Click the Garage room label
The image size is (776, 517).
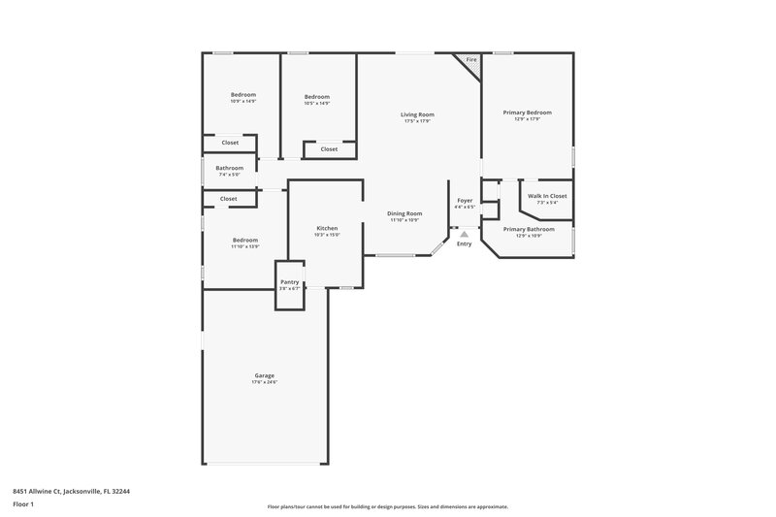click(x=264, y=375)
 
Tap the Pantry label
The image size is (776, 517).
click(x=290, y=282)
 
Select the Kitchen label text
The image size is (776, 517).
click(x=327, y=228)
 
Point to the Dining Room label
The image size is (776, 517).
click(x=404, y=213)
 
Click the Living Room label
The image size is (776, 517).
click(x=417, y=114)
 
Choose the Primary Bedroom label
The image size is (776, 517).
click(x=527, y=113)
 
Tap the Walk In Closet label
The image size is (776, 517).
click(x=547, y=196)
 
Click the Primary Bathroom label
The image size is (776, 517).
click(x=529, y=229)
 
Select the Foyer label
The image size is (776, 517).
click(x=465, y=200)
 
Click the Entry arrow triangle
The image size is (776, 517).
click(x=465, y=234)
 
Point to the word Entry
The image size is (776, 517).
click(x=465, y=243)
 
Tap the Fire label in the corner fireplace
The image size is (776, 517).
click(x=471, y=60)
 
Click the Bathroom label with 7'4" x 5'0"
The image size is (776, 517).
click(x=229, y=168)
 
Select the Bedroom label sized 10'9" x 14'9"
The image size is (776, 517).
click(x=242, y=94)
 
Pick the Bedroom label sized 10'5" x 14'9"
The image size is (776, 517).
click(x=317, y=96)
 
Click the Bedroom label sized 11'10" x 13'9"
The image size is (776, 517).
click(x=244, y=240)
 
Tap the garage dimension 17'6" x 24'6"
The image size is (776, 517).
click(x=264, y=382)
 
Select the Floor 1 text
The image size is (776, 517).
click(x=23, y=505)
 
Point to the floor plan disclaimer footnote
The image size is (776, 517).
click(x=388, y=506)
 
